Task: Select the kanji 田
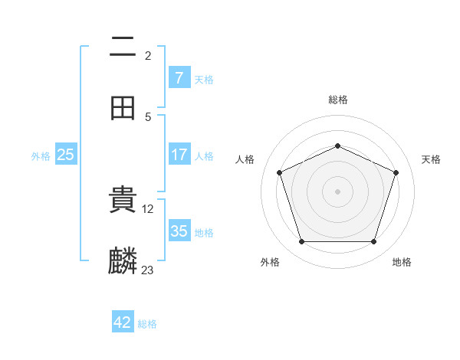point(123,108)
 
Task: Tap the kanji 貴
point(123,200)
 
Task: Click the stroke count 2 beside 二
point(148,55)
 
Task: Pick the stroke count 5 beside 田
point(148,116)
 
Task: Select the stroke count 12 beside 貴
point(149,208)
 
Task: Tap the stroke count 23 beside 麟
point(148,270)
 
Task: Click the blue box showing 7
point(179,78)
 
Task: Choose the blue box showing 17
point(179,155)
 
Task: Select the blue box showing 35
point(179,231)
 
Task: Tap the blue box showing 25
point(66,155)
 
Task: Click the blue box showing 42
point(123,322)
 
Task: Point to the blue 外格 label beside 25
point(41,155)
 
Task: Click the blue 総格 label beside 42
point(147,324)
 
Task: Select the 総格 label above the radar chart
point(337,100)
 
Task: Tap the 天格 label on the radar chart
point(431,159)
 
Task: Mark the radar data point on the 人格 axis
point(279,172)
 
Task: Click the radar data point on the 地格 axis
point(373,241)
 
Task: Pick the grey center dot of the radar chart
point(337,191)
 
